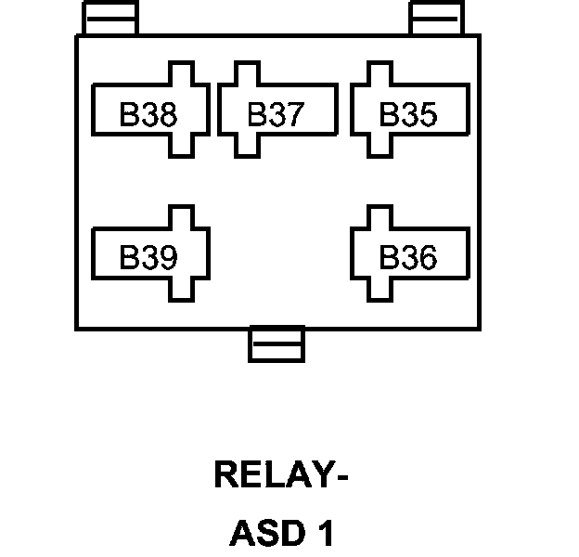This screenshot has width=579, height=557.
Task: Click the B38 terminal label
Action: [148, 115]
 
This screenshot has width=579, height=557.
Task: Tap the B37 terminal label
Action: [276, 115]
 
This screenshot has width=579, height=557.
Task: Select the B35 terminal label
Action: [408, 115]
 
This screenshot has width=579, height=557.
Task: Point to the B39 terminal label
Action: [148, 257]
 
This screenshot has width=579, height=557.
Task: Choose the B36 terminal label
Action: [408, 257]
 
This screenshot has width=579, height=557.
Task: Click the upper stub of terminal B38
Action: [181, 74]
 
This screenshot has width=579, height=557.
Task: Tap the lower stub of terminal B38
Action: [181, 146]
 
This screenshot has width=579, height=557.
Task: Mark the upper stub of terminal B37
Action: [246, 74]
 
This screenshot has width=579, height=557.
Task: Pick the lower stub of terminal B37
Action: [246, 146]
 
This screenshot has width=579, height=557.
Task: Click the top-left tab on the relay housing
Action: [110, 18]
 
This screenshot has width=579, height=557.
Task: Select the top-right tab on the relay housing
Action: [436, 18]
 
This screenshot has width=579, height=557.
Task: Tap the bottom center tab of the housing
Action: [277, 344]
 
